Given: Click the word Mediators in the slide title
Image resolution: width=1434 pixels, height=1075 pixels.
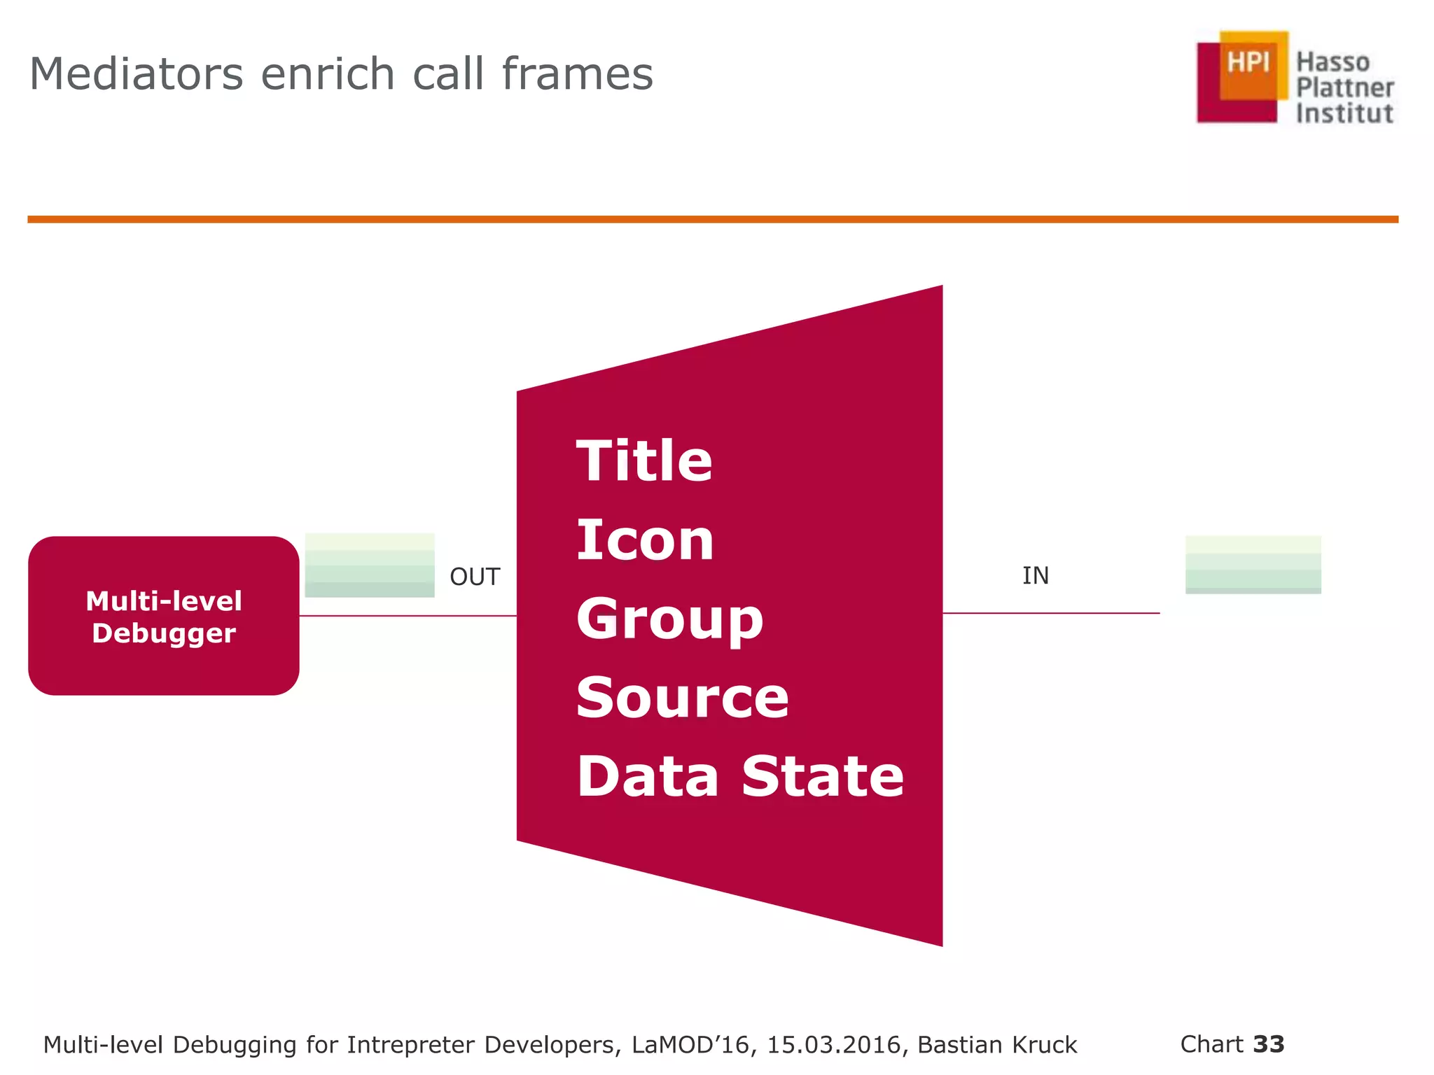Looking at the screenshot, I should click(x=137, y=74).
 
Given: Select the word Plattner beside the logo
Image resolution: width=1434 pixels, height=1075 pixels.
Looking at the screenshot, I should click(x=1344, y=88).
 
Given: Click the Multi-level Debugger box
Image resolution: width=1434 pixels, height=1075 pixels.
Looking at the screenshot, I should click(x=164, y=616).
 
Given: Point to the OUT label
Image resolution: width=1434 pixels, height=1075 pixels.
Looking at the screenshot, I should click(x=475, y=577).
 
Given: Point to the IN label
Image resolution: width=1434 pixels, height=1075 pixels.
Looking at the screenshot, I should click(x=1035, y=576).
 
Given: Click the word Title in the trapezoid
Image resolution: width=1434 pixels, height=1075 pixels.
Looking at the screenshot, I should click(x=644, y=461).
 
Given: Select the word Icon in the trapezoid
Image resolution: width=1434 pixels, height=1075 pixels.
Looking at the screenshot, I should click(x=645, y=540).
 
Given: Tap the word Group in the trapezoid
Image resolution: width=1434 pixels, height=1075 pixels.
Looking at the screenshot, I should click(x=669, y=620).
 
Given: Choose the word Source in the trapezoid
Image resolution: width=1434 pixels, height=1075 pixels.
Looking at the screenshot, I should click(x=683, y=698).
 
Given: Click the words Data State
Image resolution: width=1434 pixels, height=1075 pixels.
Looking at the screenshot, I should click(x=740, y=777).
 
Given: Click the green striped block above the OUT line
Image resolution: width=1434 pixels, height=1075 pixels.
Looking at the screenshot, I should click(x=370, y=565).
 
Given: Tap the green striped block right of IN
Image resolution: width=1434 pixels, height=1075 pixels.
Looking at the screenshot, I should click(x=1253, y=565).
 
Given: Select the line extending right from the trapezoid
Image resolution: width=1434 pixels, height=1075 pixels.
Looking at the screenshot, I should click(x=1050, y=613).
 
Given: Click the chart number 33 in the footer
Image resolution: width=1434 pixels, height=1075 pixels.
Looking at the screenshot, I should click(x=1269, y=1044).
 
